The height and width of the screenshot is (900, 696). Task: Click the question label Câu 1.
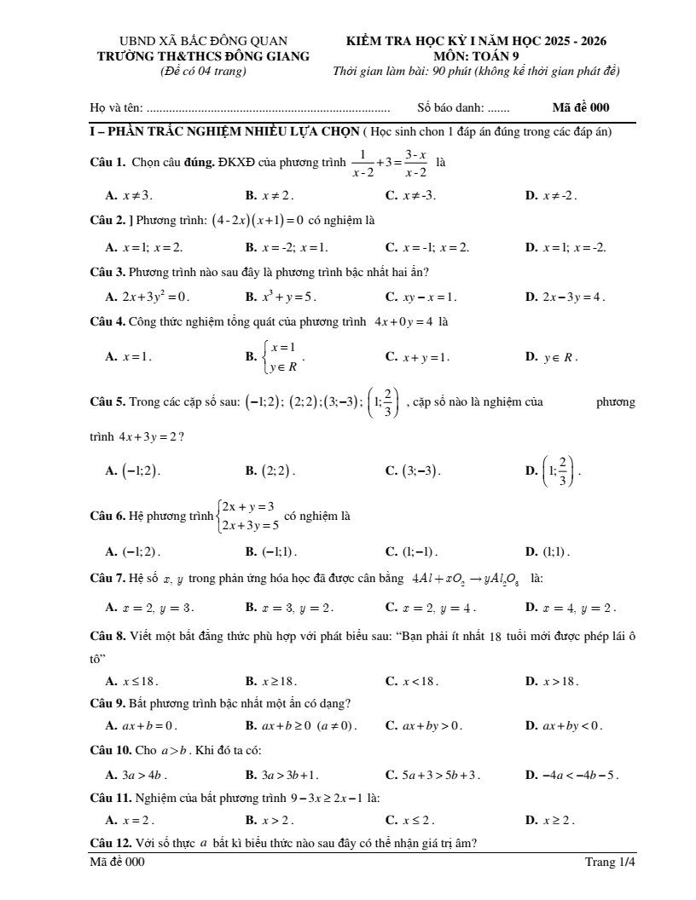(107, 162)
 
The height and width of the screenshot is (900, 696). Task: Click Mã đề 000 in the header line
(581, 108)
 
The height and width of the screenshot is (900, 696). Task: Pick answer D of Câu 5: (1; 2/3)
(559, 470)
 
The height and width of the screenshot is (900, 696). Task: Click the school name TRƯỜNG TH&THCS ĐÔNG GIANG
(204, 55)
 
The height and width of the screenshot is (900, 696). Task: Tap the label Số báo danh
(450, 108)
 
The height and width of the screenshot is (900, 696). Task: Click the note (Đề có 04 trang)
(204, 70)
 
